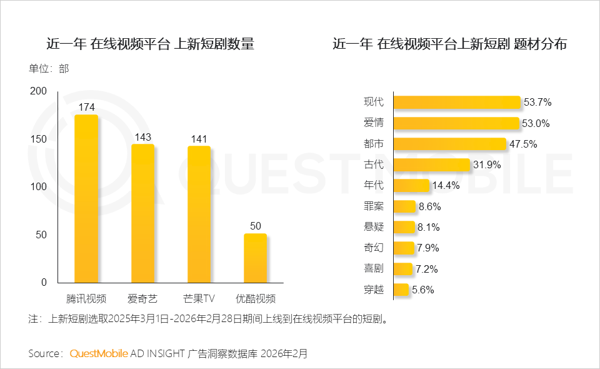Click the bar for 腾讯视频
click(x=86, y=199)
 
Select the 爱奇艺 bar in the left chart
click(x=142, y=214)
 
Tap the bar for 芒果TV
click(x=199, y=215)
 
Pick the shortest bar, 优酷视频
click(x=256, y=258)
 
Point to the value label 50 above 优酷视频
click(x=256, y=226)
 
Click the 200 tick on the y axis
click(x=39, y=91)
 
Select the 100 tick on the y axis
click(x=39, y=187)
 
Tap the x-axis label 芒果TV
click(x=199, y=298)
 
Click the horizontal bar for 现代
click(x=457, y=103)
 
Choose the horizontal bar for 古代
click(x=431, y=164)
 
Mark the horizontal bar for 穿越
click(x=401, y=290)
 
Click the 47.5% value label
click(x=523, y=144)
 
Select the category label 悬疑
click(x=374, y=227)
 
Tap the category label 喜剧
click(x=374, y=269)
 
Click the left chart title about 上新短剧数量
click(x=151, y=44)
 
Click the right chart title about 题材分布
click(x=450, y=44)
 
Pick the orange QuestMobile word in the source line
click(x=99, y=353)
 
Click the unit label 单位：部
click(x=49, y=68)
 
